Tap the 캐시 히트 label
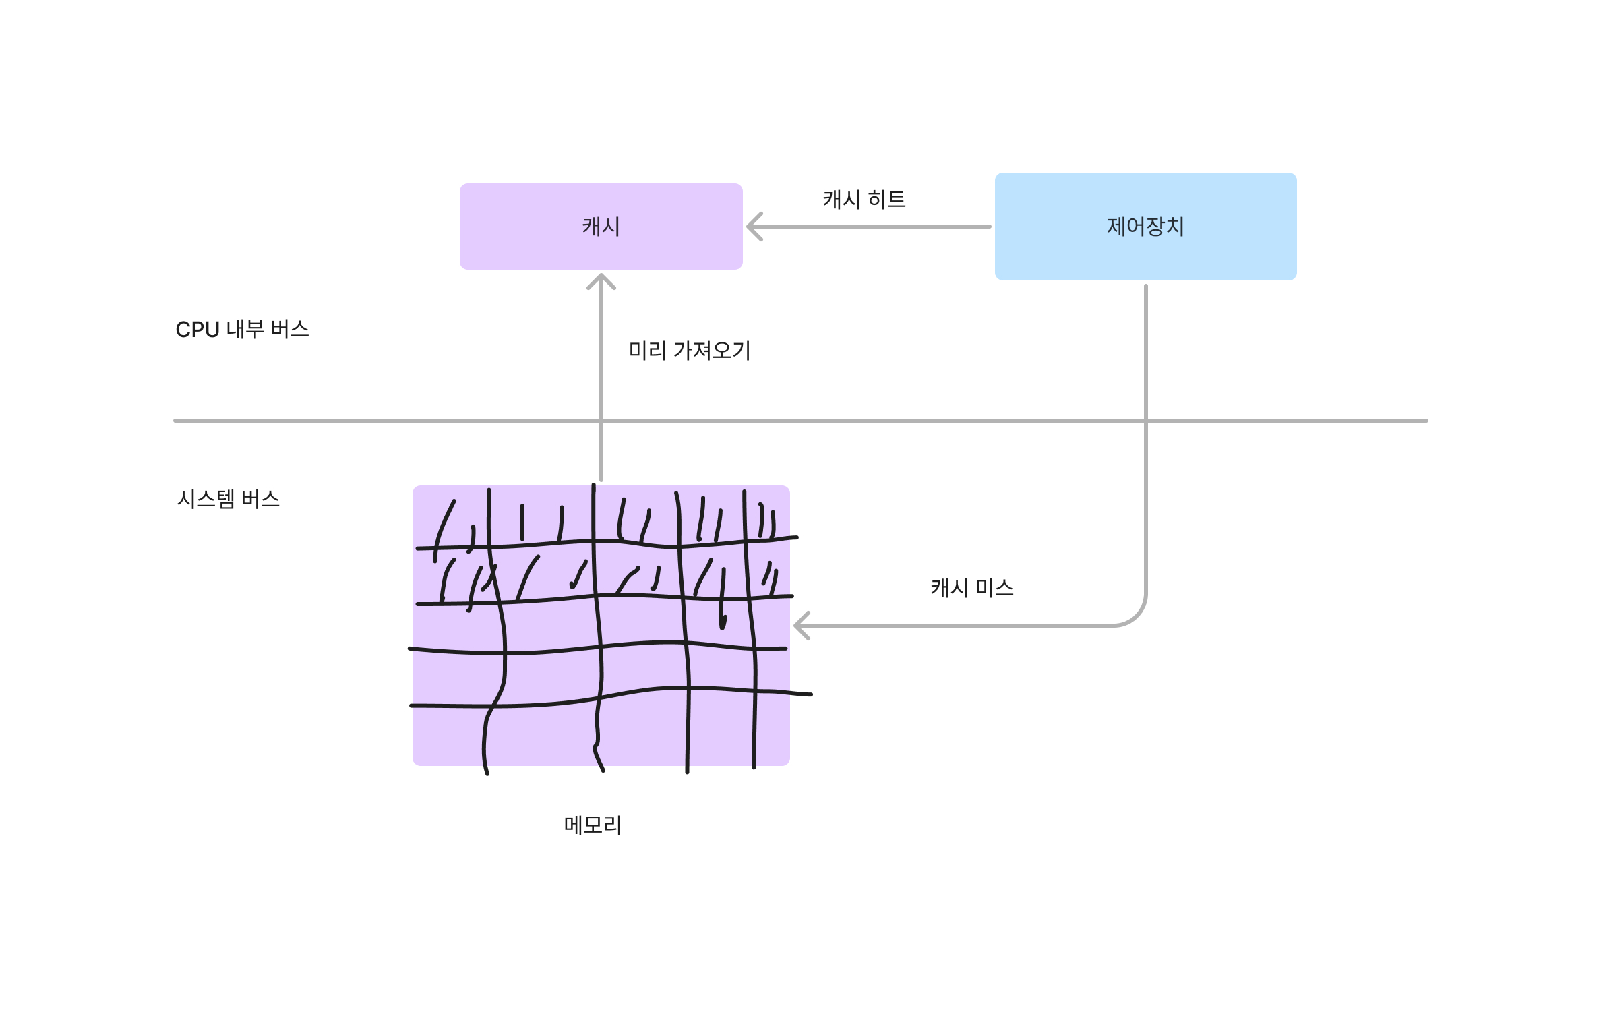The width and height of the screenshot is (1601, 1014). pyautogui.click(x=864, y=200)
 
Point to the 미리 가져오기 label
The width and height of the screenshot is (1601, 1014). pyautogui.click(x=689, y=351)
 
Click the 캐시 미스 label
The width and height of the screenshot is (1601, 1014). pyautogui.click(x=971, y=588)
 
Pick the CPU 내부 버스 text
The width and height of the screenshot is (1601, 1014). pyautogui.click(x=242, y=330)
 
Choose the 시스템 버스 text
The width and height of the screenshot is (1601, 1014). pyautogui.click(x=228, y=500)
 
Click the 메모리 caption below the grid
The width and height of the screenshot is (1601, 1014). pyautogui.click(x=593, y=825)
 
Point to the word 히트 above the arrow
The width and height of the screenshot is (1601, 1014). pyautogui.click(x=886, y=200)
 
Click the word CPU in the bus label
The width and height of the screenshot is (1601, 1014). pyautogui.click(x=198, y=330)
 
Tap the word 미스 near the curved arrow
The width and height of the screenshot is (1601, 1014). pyautogui.click(x=994, y=588)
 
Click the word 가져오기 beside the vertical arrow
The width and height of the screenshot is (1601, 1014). pyautogui.click(x=712, y=351)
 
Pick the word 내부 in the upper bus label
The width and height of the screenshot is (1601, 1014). pyautogui.click(x=245, y=330)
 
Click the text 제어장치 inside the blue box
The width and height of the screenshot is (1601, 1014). pyautogui.click(x=1145, y=227)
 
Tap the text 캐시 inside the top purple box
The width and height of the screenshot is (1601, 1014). pyautogui.click(x=601, y=227)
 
